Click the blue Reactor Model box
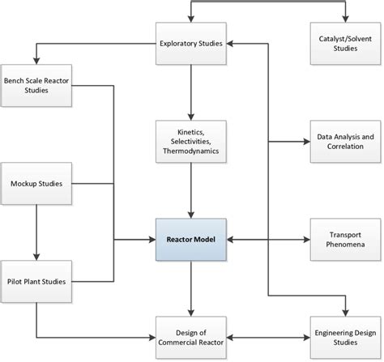click(x=190, y=239)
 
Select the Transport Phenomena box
click(x=345, y=239)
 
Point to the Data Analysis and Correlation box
click(x=345, y=142)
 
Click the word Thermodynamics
click(x=190, y=151)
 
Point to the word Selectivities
click(x=190, y=141)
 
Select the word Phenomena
click(x=345, y=244)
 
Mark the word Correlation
click(x=345, y=147)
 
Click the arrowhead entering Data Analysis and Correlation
click(x=306, y=142)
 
